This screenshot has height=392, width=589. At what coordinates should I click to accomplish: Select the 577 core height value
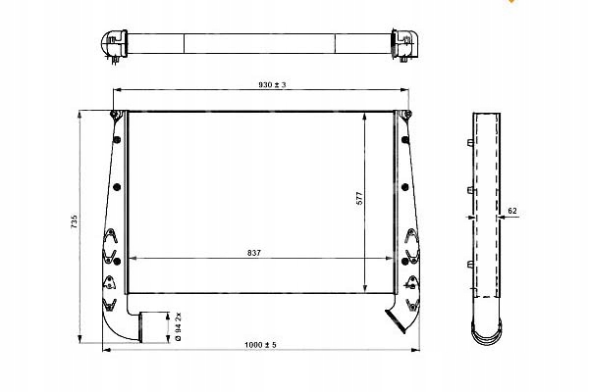coord(359,200)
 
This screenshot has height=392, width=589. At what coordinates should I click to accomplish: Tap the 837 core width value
coord(254,253)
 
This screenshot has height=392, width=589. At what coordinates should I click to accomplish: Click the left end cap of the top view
coord(113,45)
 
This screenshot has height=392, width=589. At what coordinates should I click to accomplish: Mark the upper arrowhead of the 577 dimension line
coord(365,116)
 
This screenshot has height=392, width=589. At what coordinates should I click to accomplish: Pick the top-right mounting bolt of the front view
coord(402,120)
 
